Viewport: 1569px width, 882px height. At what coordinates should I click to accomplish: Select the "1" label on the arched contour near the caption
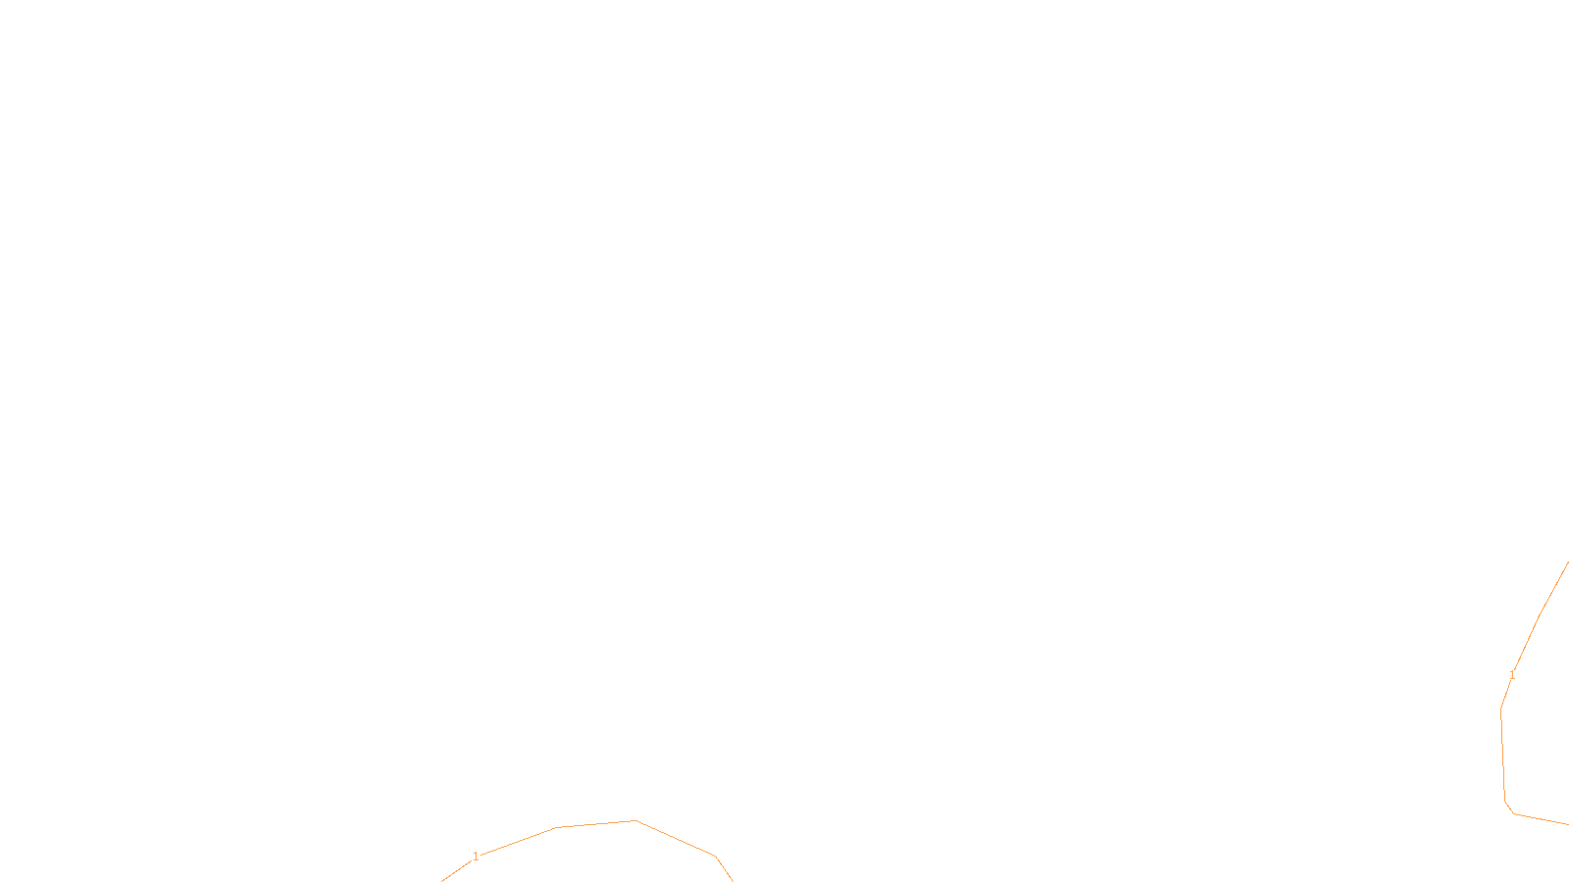[477, 857]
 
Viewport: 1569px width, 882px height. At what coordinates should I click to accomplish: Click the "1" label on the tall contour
[1512, 675]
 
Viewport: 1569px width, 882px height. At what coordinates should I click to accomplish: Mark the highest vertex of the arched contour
[635, 820]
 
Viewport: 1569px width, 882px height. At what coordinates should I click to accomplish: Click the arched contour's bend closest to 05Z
[716, 857]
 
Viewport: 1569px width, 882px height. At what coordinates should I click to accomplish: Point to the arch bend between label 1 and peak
[557, 827]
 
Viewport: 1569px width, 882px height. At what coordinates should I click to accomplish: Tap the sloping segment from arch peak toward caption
[677, 839]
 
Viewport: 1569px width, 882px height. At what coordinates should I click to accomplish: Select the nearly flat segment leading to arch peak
[596, 824]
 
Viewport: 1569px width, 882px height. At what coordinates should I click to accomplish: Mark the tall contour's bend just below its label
[1501, 709]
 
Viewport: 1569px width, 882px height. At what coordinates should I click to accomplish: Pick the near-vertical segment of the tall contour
[1503, 755]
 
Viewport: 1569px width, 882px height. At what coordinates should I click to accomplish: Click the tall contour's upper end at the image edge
[1567, 563]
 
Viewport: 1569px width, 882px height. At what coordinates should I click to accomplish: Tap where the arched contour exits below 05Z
[732, 879]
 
